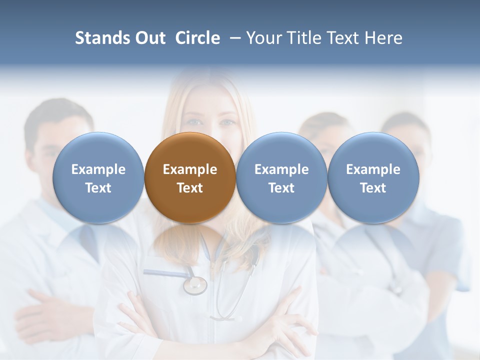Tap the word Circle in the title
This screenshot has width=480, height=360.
[x=197, y=38]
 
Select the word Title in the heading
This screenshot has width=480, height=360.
[x=301, y=38]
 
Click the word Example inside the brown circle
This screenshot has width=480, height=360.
[x=190, y=169]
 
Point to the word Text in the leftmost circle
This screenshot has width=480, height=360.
[x=98, y=188]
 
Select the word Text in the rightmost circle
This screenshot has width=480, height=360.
[x=373, y=188]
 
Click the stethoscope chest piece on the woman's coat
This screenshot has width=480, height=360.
[x=195, y=285]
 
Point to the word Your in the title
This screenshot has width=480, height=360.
[x=263, y=38]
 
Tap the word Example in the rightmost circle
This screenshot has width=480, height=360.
[x=373, y=169]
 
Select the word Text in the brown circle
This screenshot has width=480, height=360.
[x=190, y=188]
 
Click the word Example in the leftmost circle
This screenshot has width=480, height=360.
[x=98, y=169]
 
